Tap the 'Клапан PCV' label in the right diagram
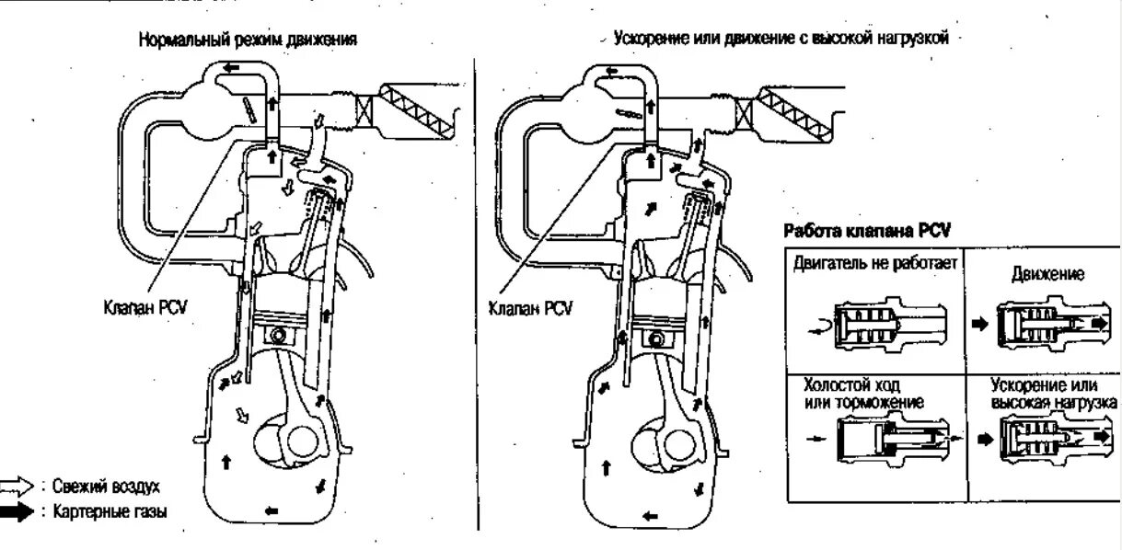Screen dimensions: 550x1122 tap(528, 310)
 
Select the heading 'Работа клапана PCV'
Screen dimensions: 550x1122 tap(866, 230)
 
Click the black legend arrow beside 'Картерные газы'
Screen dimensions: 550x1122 tap(17, 513)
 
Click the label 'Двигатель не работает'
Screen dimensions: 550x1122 tap(873, 265)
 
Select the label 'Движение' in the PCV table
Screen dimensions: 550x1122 tap(1043, 274)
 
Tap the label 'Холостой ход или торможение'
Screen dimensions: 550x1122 tap(863, 395)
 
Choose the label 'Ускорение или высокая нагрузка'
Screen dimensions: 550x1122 tap(1052, 395)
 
